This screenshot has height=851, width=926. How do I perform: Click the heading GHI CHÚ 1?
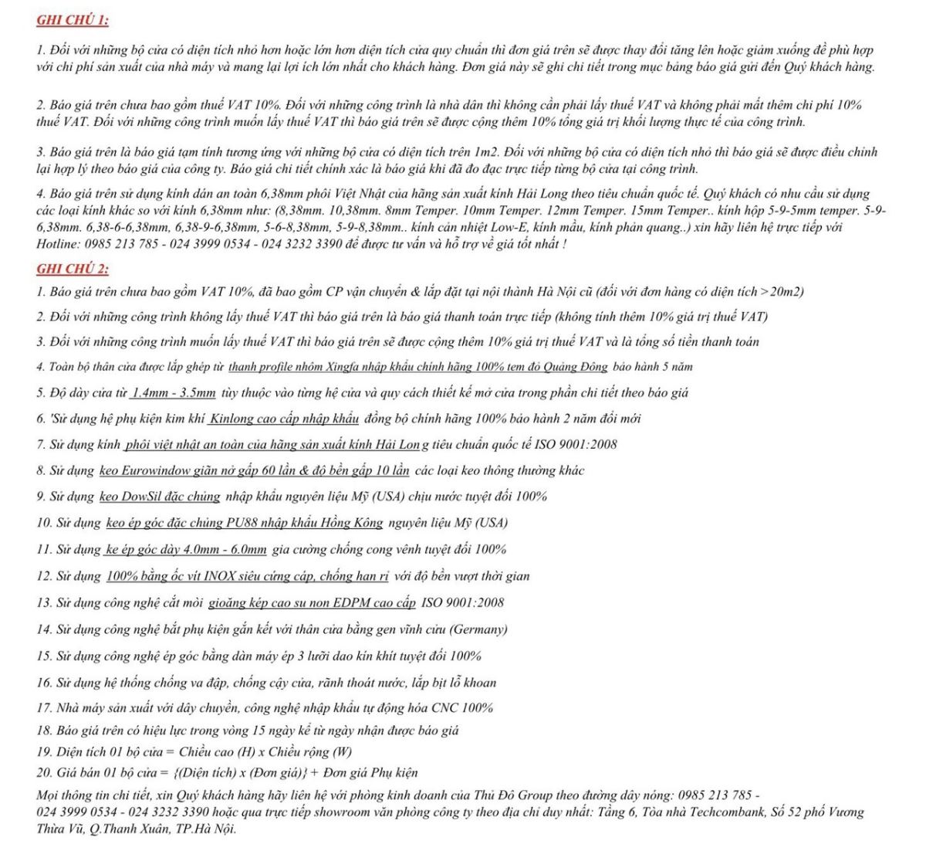tap(73, 20)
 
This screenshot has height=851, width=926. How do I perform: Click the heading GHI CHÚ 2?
tap(73, 269)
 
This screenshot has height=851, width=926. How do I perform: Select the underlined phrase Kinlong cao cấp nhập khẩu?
tap(284, 419)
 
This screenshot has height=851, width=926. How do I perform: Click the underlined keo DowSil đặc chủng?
tap(160, 497)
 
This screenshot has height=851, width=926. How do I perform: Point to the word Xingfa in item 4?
tap(346, 368)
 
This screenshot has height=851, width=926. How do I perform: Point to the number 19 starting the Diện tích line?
tap(43, 752)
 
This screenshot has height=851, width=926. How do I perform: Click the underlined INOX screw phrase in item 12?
tap(247, 577)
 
